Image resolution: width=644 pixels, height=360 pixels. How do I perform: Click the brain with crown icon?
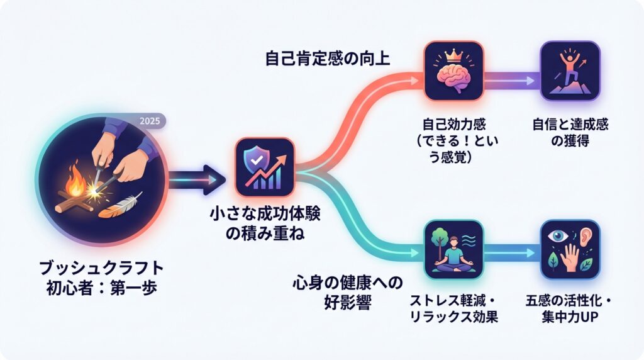pyautogui.click(x=453, y=70)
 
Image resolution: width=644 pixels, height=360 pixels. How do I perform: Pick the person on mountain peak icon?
pyautogui.click(x=570, y=70)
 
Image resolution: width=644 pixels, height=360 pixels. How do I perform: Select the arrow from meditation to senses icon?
pyautogui.click(x=511, y=254)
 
